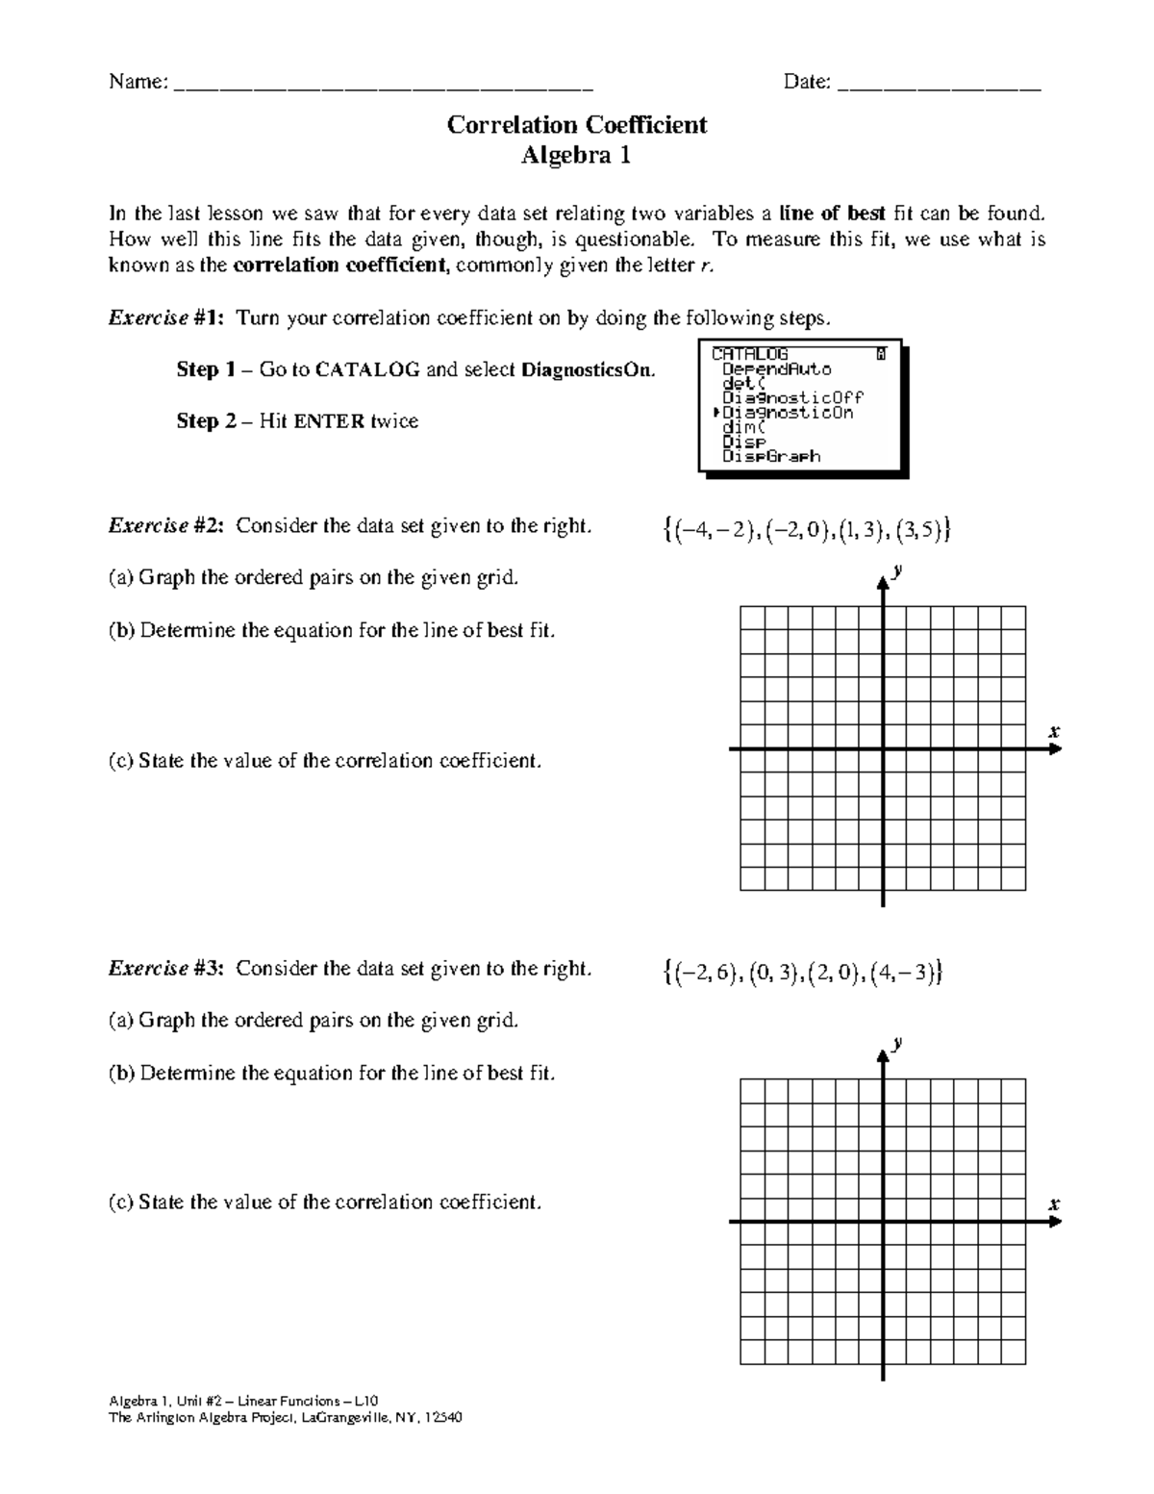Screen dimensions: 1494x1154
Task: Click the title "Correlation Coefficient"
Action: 577,125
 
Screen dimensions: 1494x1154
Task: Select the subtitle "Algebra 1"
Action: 576,156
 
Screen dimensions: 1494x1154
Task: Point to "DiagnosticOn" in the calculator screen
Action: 788,413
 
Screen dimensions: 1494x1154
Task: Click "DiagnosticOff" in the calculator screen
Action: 792,397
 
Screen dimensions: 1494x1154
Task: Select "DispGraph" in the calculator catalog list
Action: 771,457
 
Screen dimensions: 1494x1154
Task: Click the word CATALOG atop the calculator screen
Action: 750,354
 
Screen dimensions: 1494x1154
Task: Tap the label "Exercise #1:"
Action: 166,318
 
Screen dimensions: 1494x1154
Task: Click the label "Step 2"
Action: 205,421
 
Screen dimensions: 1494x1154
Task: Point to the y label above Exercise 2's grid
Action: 897,570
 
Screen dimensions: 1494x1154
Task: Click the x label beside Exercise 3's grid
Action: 1054,1204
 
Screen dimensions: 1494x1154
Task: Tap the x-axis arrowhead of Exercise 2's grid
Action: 1055,749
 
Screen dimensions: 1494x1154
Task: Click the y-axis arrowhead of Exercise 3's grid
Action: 882,1055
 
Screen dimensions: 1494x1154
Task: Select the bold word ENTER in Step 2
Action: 330,421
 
